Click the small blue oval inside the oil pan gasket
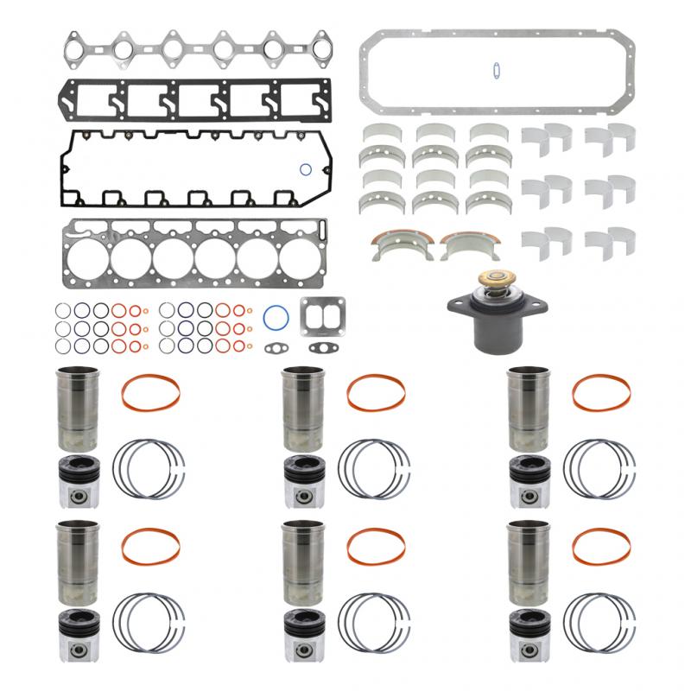click(496, 71)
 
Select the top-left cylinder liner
click(78, 408)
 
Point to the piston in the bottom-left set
click(78, 643)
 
